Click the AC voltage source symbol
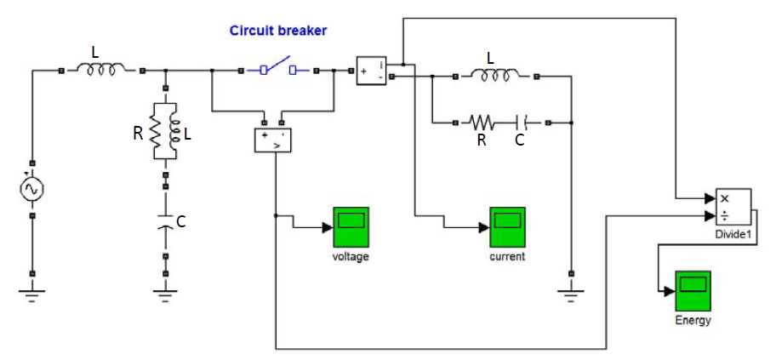[x=32, y=189]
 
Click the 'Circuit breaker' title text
[x=278, y=31]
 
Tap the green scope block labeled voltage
[x=350, y=227]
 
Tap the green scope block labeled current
[x=507, y=227]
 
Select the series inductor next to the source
[x=101, y=69]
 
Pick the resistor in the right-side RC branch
[x=483, y=123]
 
